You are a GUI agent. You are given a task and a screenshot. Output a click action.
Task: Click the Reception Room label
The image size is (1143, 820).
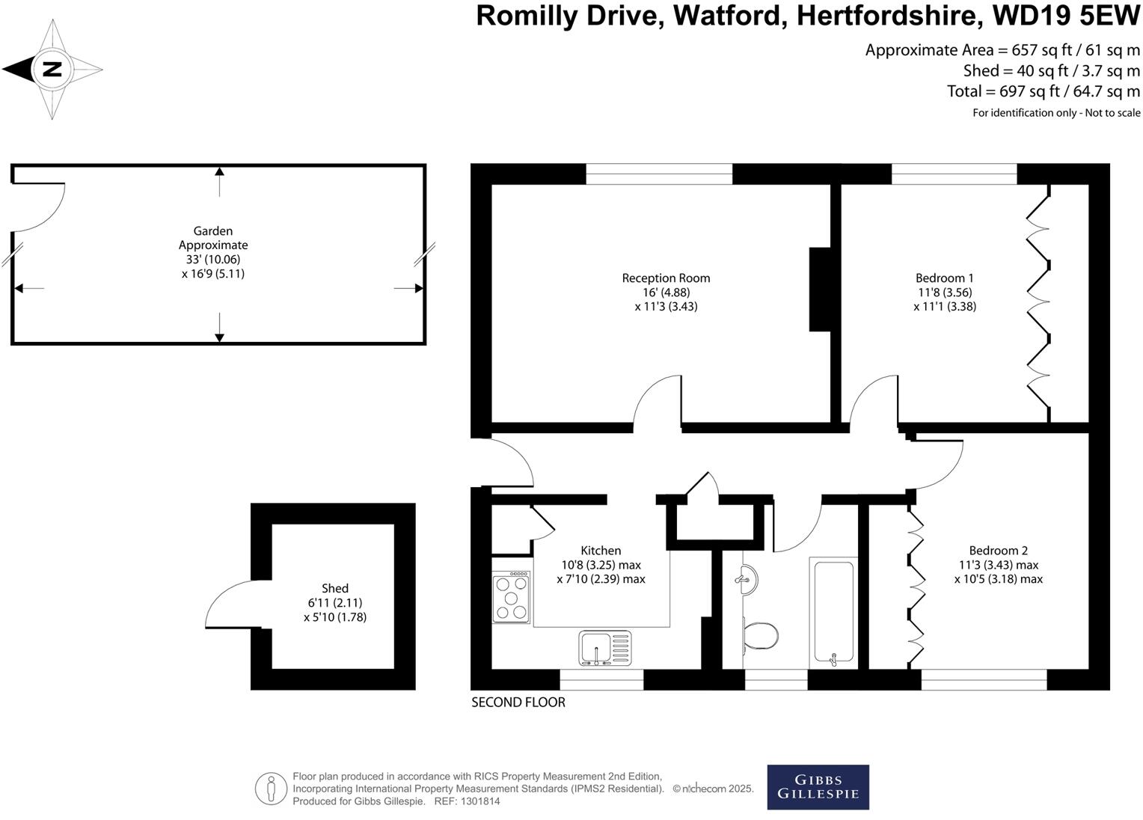pyautogui.click(x=666, y=278)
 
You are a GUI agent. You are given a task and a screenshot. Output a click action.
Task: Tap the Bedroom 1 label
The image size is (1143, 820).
pyautogui.click(x=944, y=278)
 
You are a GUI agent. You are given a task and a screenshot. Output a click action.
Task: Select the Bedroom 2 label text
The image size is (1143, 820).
pyautogui.click(x=998, y=550)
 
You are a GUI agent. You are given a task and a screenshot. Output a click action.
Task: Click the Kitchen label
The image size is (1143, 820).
pyautogui.click(x=601, y=550)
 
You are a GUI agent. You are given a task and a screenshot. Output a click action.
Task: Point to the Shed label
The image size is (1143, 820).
pyautogui.click(x=334, y=588)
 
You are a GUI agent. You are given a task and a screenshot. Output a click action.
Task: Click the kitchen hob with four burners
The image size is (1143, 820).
pyautogui.click(x=512, y=598)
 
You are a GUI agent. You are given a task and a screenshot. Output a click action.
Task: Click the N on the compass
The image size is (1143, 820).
pyautogui.click(x=52, y=70)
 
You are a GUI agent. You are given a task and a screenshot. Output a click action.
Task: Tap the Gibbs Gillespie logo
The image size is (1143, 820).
pyautogui.click(x=818, y=787)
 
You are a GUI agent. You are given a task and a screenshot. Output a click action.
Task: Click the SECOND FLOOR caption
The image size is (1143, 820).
pyautogui.click(x=518, y=702)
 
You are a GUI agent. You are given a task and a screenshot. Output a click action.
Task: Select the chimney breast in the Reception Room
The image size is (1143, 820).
pyautogui.click(x=820, y=289)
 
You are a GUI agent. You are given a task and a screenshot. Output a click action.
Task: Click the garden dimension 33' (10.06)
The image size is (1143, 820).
pyautogui.click(x=212, y=259)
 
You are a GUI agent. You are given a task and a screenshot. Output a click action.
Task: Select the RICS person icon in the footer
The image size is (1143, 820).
pyautogui.click(x=271, y=789)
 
